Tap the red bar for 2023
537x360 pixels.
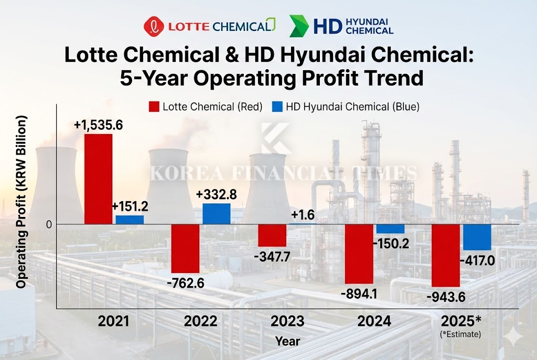pyautogui.click(x=272, y=235)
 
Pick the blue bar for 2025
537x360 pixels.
pyautogui.click(x=477, y=237)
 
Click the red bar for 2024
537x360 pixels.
pyautogui.click(x=359, y=254)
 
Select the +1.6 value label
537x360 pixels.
pyautogui.click(x=302, y=214)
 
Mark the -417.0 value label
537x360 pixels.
pyautogui.click(x=477, y=260)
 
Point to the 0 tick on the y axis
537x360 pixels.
pyautogui.click(x=49, y=225)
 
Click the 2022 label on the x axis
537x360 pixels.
pyautogui.click(x=200, y=321)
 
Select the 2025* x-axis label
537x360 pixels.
pyautogui.click(x=460, y=321)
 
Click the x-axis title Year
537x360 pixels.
pyautogui.click(x=287, y=342)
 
